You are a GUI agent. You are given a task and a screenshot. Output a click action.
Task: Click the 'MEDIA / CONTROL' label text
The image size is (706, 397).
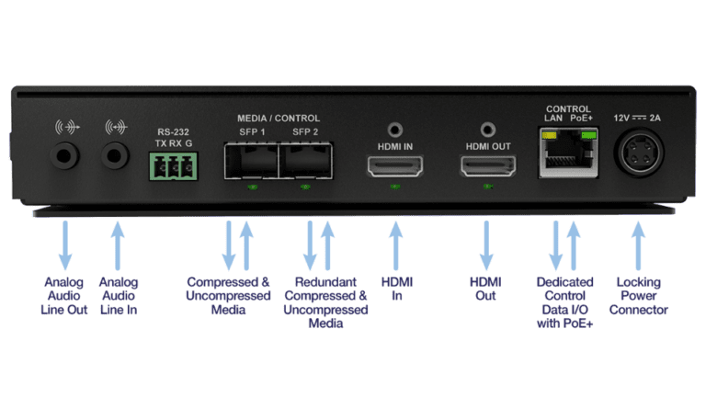point(279,118)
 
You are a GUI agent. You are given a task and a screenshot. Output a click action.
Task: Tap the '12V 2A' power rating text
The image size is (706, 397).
point(638,117)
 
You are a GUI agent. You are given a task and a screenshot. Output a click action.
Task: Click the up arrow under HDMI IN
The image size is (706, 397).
point(396,243)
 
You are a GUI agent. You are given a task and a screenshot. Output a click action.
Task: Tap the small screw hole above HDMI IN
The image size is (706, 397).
point(396,130)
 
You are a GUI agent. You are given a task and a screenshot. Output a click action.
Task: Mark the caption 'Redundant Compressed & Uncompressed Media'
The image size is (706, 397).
point(325,302)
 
